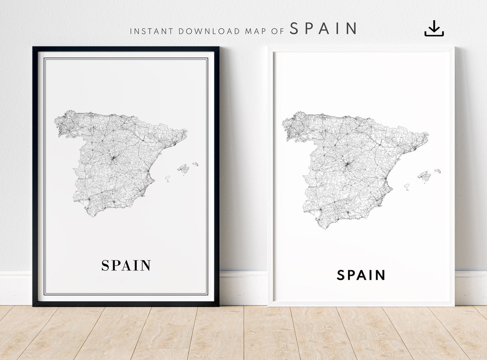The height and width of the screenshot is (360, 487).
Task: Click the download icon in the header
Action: (x=434, y=28)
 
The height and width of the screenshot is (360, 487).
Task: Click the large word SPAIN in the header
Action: (x=323, y=29)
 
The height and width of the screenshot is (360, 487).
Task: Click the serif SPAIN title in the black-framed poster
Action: (x=126, y=266)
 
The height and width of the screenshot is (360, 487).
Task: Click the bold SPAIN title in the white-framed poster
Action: (x=361, y=275)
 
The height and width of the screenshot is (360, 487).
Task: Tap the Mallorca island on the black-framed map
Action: (x=183, y=169)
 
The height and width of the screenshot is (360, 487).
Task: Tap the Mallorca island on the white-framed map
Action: (x=424, y=175)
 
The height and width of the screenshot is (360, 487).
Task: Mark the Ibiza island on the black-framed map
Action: (x=167, y=179)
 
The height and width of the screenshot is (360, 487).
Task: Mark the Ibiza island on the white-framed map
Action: (x=407, y=186)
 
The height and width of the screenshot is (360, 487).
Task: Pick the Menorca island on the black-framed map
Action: (x=196, y=164)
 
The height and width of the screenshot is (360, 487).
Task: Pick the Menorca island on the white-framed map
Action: (x=437, y=171)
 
